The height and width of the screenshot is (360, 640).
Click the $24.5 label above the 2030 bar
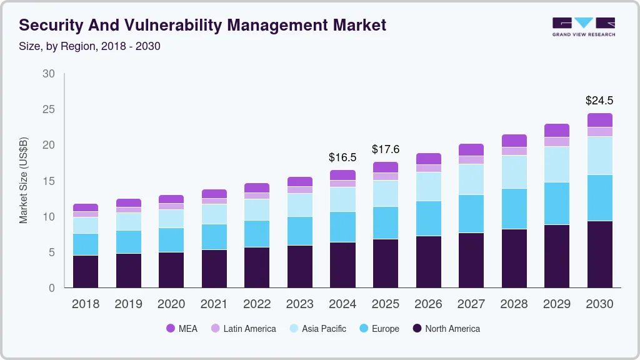click(x=599, y=100)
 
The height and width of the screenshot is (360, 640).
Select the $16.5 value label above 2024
click(x=342, y=157)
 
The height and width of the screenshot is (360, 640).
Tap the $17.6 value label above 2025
click(x=385, y=149)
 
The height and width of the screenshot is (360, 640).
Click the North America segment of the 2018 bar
click(x=86, y=271)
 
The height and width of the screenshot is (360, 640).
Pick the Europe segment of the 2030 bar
click(x=599, y=197)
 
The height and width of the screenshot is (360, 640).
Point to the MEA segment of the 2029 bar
click(x=556, y=130)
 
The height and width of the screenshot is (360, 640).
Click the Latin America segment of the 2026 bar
click(x=428, y=168)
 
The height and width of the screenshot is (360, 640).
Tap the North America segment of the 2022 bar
click(x=257, y=267)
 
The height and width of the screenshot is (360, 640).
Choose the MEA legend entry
click(x=182, y=328)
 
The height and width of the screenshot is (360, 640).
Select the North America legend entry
click(x=446, y=328)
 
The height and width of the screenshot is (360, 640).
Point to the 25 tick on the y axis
click(x=49, y=109)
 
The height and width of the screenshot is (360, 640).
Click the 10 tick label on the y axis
click(x=49, y=217)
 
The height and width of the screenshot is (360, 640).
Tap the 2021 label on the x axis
click(x=214, y=304)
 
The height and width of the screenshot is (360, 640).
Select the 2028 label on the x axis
click(x=514, y=304)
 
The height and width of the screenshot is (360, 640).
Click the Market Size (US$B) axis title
click(x=24, y=180)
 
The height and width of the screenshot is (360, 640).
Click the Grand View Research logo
click(x=583, y=26)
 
